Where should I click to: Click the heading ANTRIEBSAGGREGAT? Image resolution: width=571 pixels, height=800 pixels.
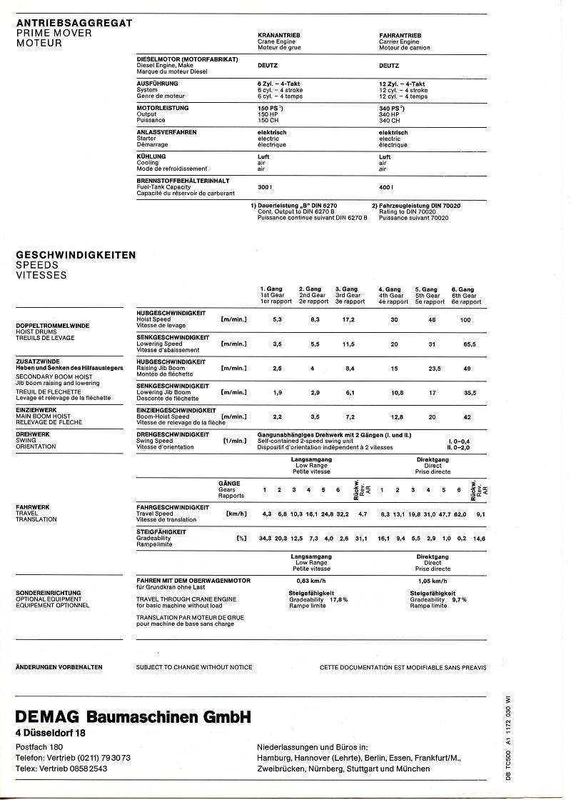point(74,23)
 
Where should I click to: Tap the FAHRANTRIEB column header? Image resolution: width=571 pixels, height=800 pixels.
point(400,34)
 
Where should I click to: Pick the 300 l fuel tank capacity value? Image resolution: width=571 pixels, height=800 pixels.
point(265,186)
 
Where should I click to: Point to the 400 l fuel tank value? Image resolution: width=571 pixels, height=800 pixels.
point(386,186)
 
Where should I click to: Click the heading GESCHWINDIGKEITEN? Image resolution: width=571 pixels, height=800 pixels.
point(76,254)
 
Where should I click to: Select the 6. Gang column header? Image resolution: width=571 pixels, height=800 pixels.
point(466,289)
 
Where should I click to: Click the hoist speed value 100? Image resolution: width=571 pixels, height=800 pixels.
point(466,319)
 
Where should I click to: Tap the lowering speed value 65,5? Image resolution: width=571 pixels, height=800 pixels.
point(469,344)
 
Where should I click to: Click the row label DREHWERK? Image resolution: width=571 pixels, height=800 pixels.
point(31,434)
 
